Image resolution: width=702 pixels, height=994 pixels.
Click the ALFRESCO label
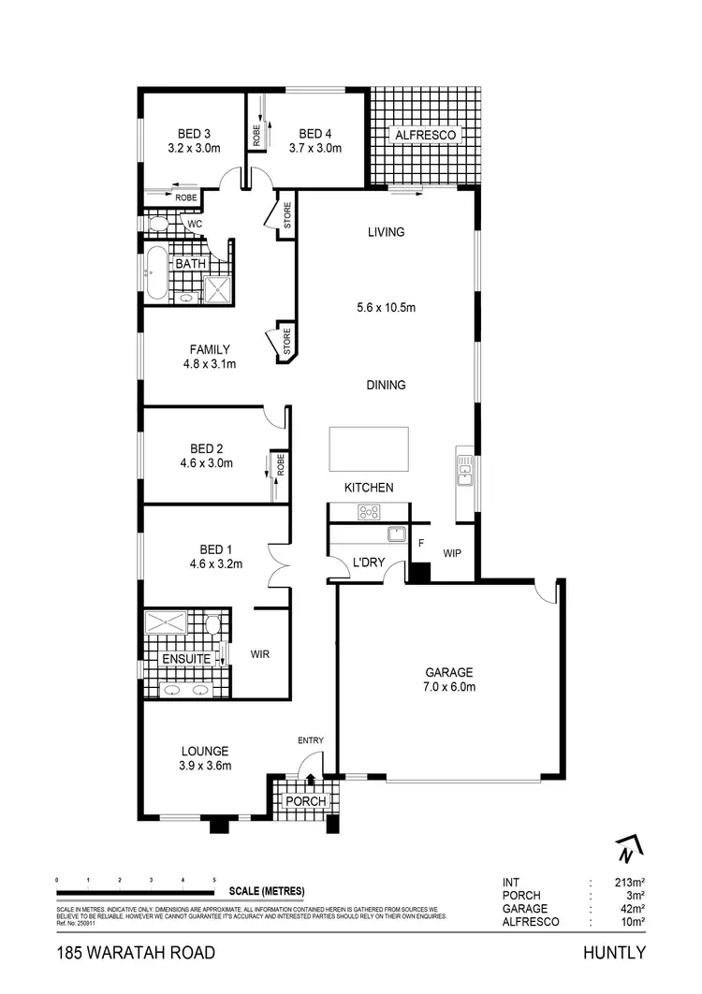(425, 136)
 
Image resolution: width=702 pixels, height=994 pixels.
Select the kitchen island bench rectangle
(368, 448)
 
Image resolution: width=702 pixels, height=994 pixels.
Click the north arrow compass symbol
(625, 849)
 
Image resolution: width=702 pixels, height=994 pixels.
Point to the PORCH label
(305, 802)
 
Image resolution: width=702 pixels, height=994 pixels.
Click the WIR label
(259, 655)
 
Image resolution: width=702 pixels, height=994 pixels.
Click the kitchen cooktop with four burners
(369, 512)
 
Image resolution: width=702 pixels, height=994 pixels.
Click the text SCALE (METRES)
(266, 890)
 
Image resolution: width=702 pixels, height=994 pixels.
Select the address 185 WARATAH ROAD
(136, 953)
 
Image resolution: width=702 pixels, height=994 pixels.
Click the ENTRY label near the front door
(311, 741)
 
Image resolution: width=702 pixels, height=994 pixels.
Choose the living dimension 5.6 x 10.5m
(386, 307)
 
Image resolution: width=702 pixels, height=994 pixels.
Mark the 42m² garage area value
(634, 909)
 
